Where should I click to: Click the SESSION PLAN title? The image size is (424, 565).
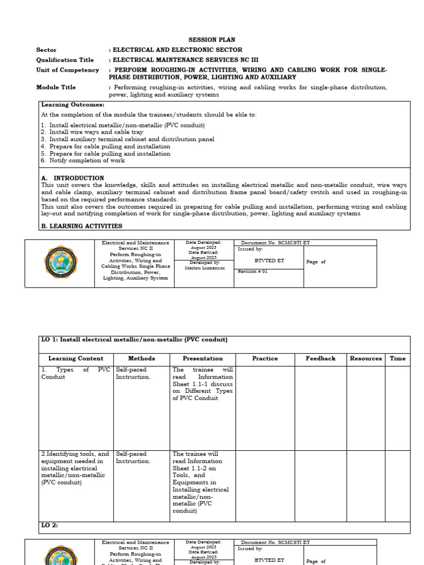pos(211,40)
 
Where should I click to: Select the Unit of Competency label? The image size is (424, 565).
pos(67,70)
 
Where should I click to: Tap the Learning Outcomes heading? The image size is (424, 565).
pos(72,104)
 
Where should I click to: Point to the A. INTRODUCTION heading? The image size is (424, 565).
pos(72,178)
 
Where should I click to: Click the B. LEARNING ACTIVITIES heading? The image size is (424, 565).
pos(82,226)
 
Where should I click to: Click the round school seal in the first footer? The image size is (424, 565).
pos(61,263)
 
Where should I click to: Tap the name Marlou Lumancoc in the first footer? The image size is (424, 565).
pos(204,268)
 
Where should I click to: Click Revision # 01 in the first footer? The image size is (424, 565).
pos(252,271)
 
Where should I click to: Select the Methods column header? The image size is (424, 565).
pos(141,359)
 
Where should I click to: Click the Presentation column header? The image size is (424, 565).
pos(203,359)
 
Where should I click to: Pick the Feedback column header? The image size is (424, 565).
pos(320,359)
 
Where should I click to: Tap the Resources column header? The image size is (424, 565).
pos(365,359)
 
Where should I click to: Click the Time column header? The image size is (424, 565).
pos(397,359)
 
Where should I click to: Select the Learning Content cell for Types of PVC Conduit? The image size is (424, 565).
pos(76,374)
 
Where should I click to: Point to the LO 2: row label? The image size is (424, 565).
pos(50,526)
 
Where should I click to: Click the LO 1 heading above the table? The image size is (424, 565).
pos(134,340)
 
